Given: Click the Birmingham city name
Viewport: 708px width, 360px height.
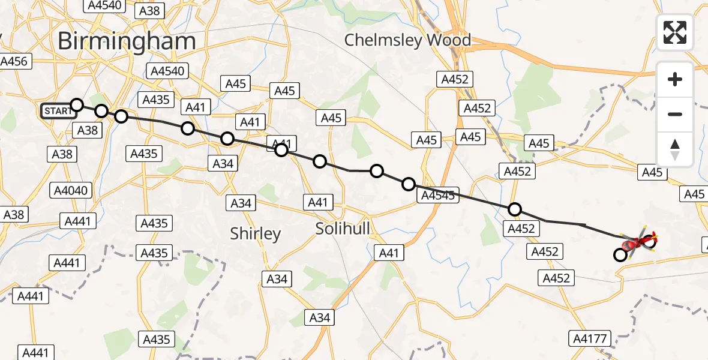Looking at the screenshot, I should click(x=127, y=41).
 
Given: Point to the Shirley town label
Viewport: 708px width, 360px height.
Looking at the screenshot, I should click(x=256, y=233).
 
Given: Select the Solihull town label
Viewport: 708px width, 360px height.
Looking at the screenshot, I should click(x=343, y=228).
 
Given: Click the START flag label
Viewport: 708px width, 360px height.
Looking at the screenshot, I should click(x=58, y=111).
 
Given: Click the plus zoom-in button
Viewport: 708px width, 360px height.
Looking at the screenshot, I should click(x=675, y=79).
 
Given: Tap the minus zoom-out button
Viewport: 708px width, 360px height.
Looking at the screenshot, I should click(x=675, y=114).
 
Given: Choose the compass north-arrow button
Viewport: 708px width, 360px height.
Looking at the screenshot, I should click(x=675, y=149).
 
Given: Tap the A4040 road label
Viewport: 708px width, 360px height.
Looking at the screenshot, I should click(x=71, y=191).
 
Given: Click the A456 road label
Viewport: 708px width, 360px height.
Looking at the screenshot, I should click(x=14, y=61).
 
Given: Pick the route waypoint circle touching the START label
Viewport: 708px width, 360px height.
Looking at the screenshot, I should click(x=76, y=106).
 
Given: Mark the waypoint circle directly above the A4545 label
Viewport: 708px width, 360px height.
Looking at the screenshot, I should click(x=409, y=184).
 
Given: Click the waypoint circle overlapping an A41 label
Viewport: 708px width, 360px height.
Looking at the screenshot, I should click(x=281, y=149).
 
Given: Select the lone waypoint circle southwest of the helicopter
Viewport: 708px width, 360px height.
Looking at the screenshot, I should click(x=620, y=255).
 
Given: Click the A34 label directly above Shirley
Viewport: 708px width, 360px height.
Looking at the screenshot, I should click(x=241, y=203).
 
